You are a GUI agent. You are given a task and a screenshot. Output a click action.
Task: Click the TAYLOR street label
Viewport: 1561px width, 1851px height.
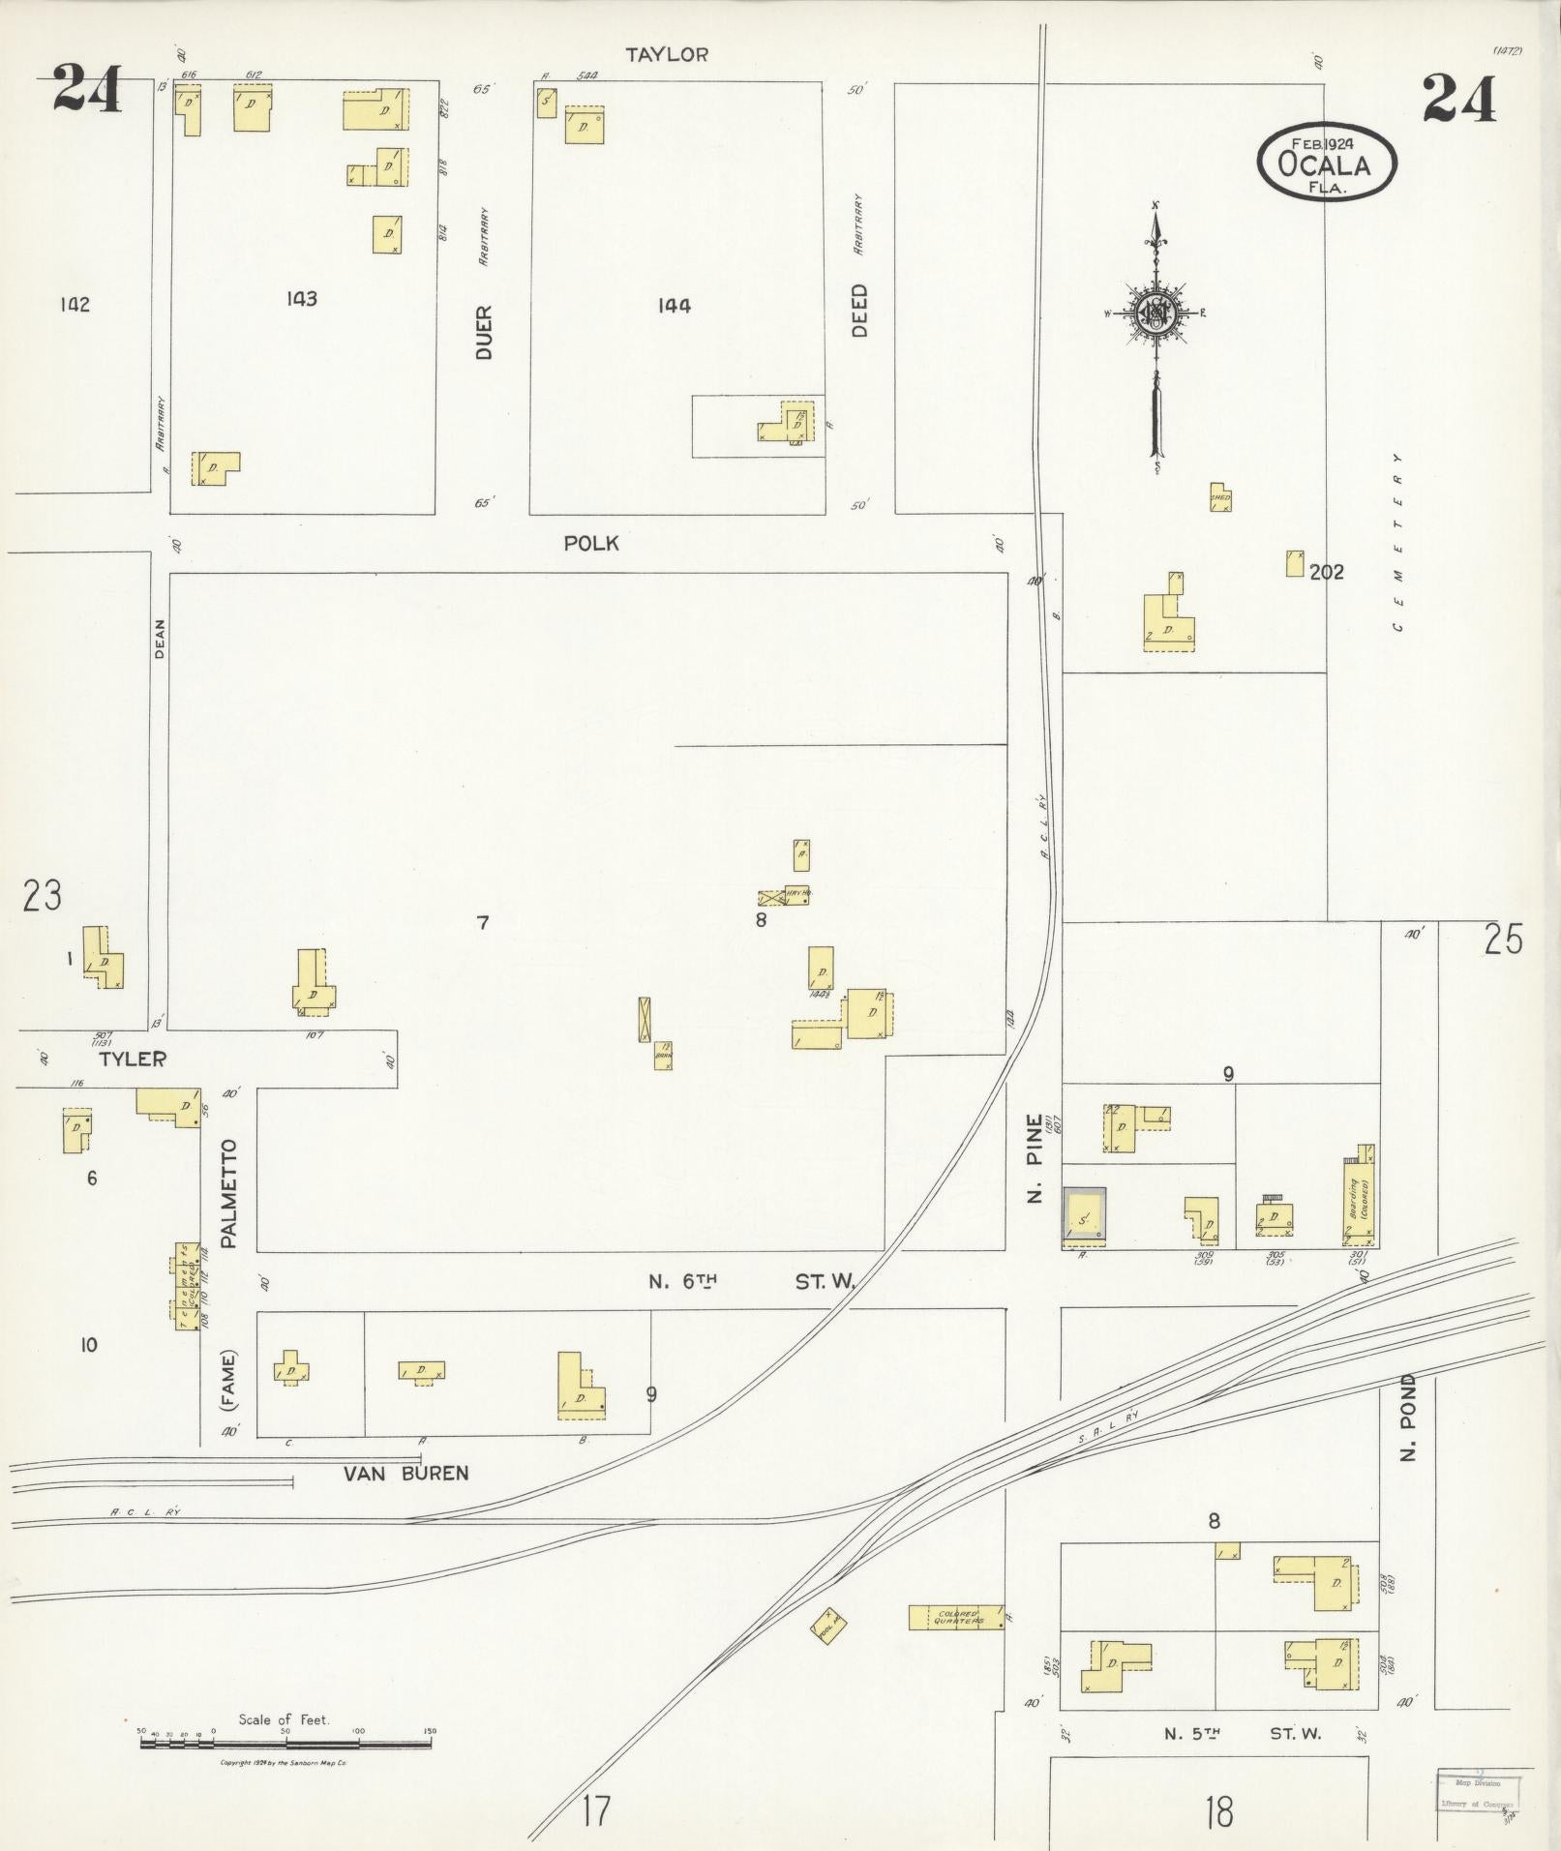[x=666, y=55]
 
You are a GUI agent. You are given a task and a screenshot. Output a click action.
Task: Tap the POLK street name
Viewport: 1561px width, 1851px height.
[x=591, y=544]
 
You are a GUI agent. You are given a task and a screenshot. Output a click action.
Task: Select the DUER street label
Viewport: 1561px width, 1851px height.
[x=484, y=333]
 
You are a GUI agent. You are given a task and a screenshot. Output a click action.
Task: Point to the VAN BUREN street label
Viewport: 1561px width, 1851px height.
[x=406, y=1474]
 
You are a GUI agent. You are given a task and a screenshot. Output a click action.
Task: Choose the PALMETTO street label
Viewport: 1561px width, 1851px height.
[x=229, y=1193]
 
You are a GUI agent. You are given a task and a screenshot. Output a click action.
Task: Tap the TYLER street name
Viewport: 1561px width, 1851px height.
[x=133, y=1059]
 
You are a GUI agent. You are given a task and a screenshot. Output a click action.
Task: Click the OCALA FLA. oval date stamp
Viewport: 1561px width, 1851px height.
[x=1327, y=163]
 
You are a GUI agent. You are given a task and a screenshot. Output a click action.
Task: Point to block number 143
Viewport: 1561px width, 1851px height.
[x=301, y=299]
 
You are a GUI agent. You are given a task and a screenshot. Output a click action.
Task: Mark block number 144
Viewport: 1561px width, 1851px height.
[x=674, y=306]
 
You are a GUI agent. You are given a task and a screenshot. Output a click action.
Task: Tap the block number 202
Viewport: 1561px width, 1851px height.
[x=1326, y=572]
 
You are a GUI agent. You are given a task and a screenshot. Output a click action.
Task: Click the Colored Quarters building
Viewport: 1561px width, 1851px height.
[x=955, y=1617]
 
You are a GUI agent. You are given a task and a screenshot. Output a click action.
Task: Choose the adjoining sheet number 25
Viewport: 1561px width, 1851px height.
[x=1503, y=940]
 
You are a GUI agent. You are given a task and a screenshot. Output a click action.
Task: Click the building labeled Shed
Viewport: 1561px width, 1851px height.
[x=1220, y=497]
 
